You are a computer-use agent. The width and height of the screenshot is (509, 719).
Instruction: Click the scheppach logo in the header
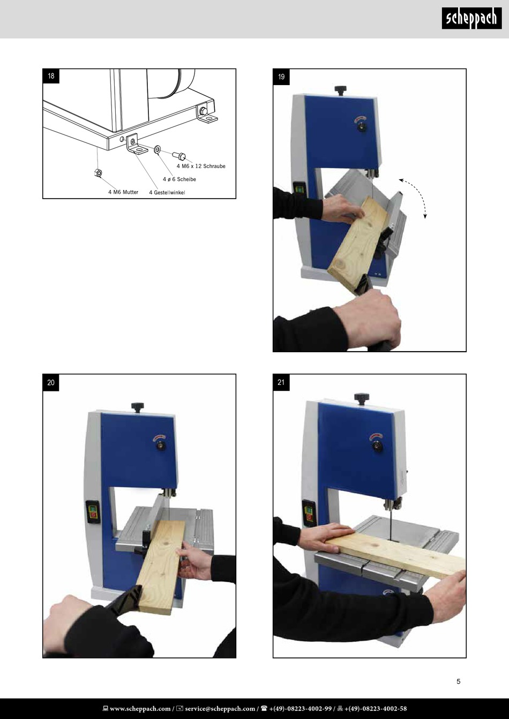point(471,18)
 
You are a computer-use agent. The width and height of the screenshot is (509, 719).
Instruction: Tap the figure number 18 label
point(51,76)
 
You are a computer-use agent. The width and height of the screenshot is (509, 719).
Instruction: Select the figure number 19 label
point(281,77)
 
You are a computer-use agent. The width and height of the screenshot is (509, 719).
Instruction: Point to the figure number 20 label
point(51,383)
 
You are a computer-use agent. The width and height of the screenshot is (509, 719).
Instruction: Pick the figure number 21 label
point(281,383)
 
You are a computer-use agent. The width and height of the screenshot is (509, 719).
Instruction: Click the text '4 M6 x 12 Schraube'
point(201,166)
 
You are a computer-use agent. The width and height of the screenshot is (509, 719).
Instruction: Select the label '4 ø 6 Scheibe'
point(179,179)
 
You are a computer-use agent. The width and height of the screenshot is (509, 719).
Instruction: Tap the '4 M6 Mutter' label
point(123,192)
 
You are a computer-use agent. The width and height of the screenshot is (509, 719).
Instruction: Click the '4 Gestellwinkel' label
point(167,193)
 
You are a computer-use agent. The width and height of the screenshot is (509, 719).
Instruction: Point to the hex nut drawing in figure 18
point(98,173)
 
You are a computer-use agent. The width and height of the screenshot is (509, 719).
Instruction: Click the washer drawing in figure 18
point(158,149)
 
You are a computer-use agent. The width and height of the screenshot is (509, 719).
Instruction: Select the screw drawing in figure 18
point(179,156)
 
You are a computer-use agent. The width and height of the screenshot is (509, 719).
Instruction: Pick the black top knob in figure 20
point(138,407)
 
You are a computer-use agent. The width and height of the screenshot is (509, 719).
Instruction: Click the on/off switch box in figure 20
point(93,512)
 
